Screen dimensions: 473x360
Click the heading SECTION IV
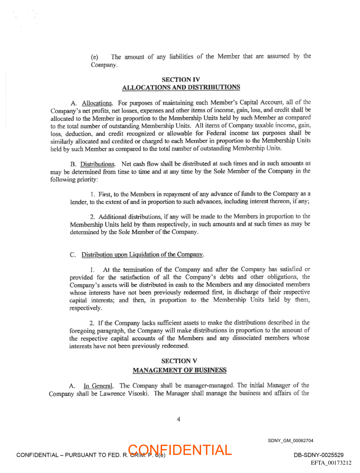coord(181,79)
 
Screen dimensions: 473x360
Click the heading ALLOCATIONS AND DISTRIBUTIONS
coord(181,87)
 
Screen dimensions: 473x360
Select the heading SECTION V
coord(179,361)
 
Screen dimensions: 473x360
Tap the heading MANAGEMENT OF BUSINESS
coord(180,369)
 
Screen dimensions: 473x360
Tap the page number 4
coord(178,419)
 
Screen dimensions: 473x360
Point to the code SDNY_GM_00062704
coord(290,440)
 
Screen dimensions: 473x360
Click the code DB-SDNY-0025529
coord(319,455)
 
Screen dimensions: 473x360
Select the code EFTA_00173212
coord(331,463)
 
